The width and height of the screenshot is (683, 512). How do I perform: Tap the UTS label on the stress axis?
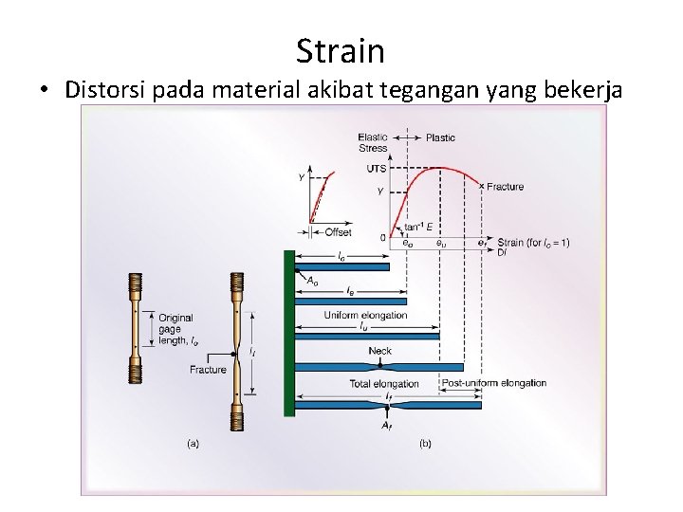376,168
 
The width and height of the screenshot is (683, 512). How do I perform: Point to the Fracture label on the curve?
505,187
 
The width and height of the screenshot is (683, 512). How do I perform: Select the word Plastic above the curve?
440,137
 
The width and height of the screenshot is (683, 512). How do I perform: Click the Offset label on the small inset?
338,232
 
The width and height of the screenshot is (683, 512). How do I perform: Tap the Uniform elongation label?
365,315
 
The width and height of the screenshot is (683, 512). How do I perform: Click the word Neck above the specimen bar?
379,351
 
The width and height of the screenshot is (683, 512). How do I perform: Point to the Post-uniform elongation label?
494,383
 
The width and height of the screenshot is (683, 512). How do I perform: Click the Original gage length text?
177,329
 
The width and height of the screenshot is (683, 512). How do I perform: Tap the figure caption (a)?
192,442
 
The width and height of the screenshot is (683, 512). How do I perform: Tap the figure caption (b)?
425,442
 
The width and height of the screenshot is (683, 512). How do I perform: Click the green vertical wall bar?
289,332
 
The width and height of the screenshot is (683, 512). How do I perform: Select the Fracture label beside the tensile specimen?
208,370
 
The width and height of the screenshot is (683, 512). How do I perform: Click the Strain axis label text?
533,243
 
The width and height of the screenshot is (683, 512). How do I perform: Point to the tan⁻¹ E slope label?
417,227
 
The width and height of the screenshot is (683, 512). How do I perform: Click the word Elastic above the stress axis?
373,137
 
